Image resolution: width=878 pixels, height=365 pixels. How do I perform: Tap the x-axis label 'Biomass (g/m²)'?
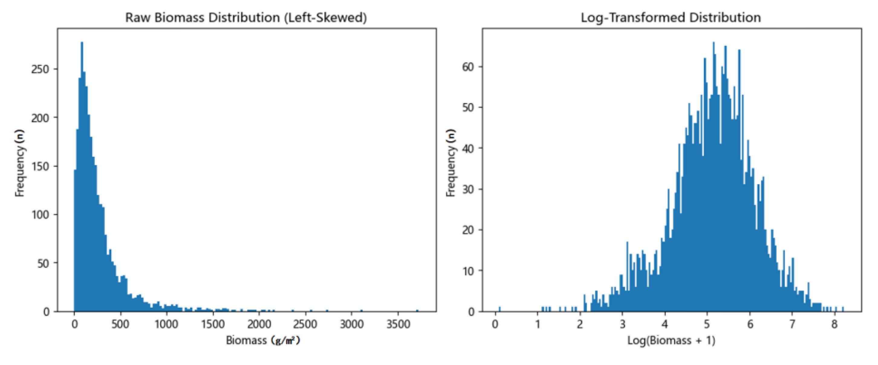[x=263, y=340]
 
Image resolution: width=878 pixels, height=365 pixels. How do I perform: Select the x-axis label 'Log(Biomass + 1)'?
[x=671, y=340]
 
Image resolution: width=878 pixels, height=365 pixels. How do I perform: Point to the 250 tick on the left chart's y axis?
[x=40, y=69]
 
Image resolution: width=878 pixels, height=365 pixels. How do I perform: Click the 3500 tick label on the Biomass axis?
[x=398, y=324]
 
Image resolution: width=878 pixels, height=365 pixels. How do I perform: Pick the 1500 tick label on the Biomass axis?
[x=213, y=324]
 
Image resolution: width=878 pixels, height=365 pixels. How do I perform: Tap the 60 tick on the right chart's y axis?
[x=468, y=67]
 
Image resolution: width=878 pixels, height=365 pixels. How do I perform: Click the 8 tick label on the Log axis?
[x=834, y=324]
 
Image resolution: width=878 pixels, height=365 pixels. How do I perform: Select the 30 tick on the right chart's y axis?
[x=468, y=189]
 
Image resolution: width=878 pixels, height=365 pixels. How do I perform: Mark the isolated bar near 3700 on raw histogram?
[x=417, y=311]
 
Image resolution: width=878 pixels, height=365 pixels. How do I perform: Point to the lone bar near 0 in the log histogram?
[x=500, y=309]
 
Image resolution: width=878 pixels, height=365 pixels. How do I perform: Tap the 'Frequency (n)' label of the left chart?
[x=20, y=163]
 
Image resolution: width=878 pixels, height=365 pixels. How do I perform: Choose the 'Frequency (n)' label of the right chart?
[x=450, y=163]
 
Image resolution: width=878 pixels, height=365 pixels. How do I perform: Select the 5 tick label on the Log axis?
[x=707, y=324]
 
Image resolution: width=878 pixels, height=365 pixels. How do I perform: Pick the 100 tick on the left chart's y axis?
[x=40, y=215]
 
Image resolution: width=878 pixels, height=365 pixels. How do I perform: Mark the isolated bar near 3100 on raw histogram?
[x=361, y=311]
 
